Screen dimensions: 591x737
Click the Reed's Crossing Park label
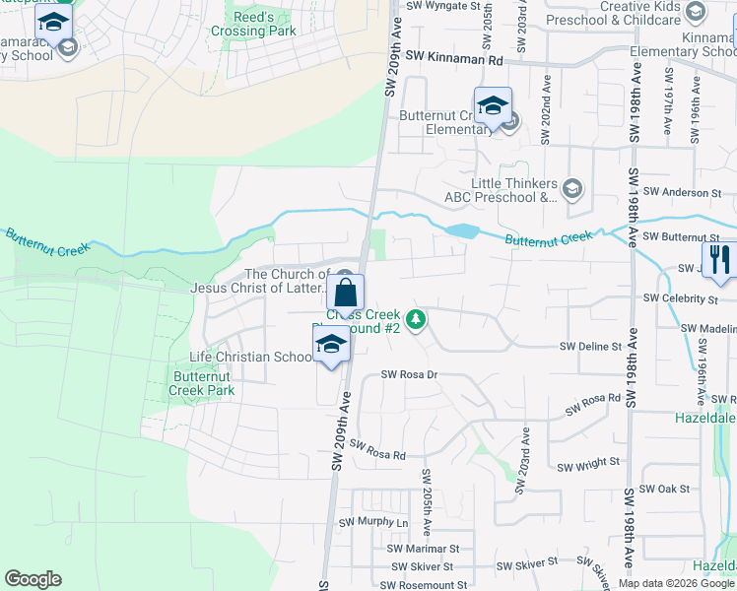point(252,24)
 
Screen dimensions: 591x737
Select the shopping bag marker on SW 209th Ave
point(345,293)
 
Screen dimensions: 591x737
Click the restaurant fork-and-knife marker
point(720,260)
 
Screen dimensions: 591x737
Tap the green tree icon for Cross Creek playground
point(417,318)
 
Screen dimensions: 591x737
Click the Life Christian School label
point(251,357)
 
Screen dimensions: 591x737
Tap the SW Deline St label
point(591,347)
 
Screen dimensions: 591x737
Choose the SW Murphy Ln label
point(373,522)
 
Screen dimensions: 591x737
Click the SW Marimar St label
point(423,548)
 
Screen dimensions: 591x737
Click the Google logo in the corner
point(33,579)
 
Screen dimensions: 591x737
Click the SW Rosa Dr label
point(408,375)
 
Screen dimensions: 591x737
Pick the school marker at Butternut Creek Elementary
point(492,105)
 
